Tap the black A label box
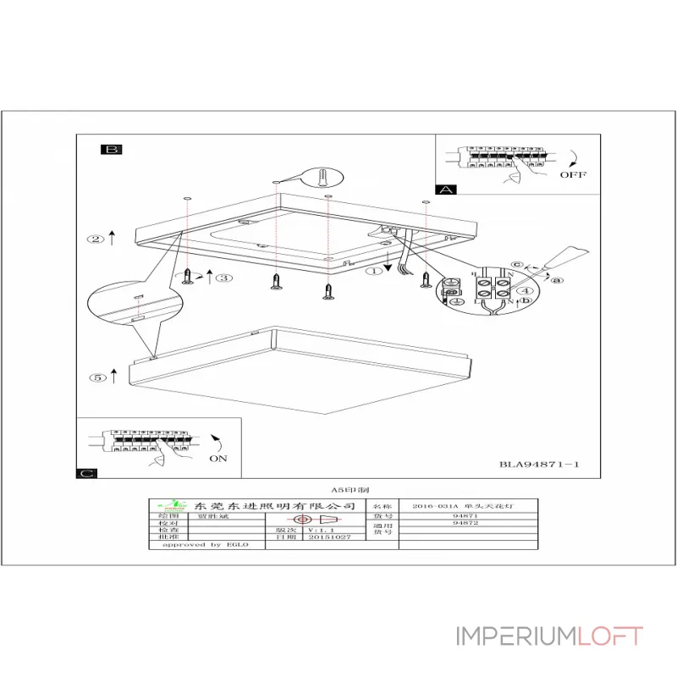point(445,190)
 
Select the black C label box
point(87,474)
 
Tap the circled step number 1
point(373,272)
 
